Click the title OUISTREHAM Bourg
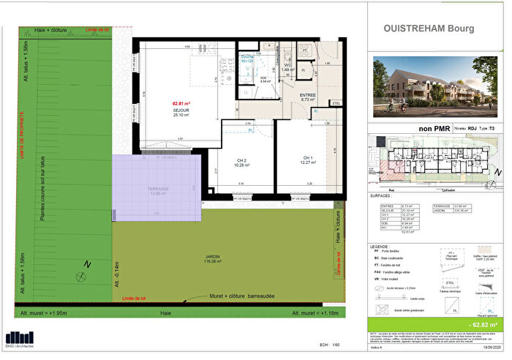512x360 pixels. point(428,29)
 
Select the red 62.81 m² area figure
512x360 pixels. point(181,104)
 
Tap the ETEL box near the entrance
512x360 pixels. point(337,103)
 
